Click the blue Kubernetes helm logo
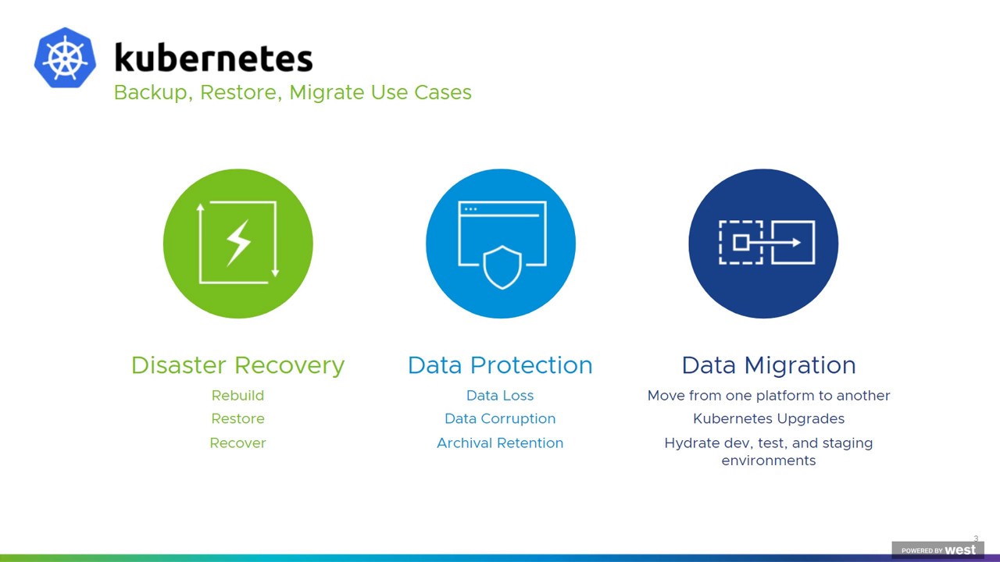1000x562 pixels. coord(65,58)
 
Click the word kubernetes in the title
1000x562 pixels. coord(213,58)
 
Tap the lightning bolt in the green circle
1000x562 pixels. coord(238,243)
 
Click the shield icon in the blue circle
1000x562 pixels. coord(502,267)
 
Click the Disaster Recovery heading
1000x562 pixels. coord(238,365)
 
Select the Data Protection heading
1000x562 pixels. coord(500,365)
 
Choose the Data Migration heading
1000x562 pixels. coord(769,365)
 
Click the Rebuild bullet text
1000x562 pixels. coord(238,396)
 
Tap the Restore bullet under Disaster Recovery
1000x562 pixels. coord(238,419)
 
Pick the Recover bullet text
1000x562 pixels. coord(238,443)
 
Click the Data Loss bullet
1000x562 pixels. coord(500,396)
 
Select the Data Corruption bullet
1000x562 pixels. coord(500,419)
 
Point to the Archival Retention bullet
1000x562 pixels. coord(500,443)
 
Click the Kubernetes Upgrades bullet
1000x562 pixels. coord(769,419)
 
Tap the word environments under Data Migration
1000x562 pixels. coord(769,461)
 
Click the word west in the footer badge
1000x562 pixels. coord(961,550)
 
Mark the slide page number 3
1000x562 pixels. coord(976,539)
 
